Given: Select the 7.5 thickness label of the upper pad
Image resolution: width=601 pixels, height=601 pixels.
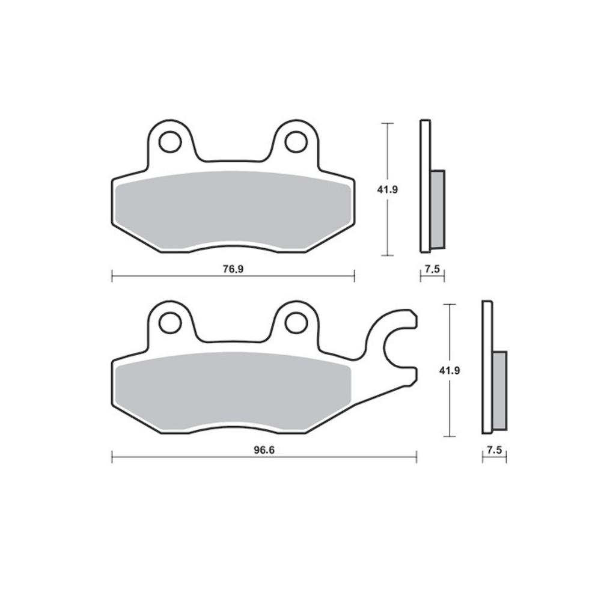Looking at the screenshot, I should (x=432, y=269).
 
